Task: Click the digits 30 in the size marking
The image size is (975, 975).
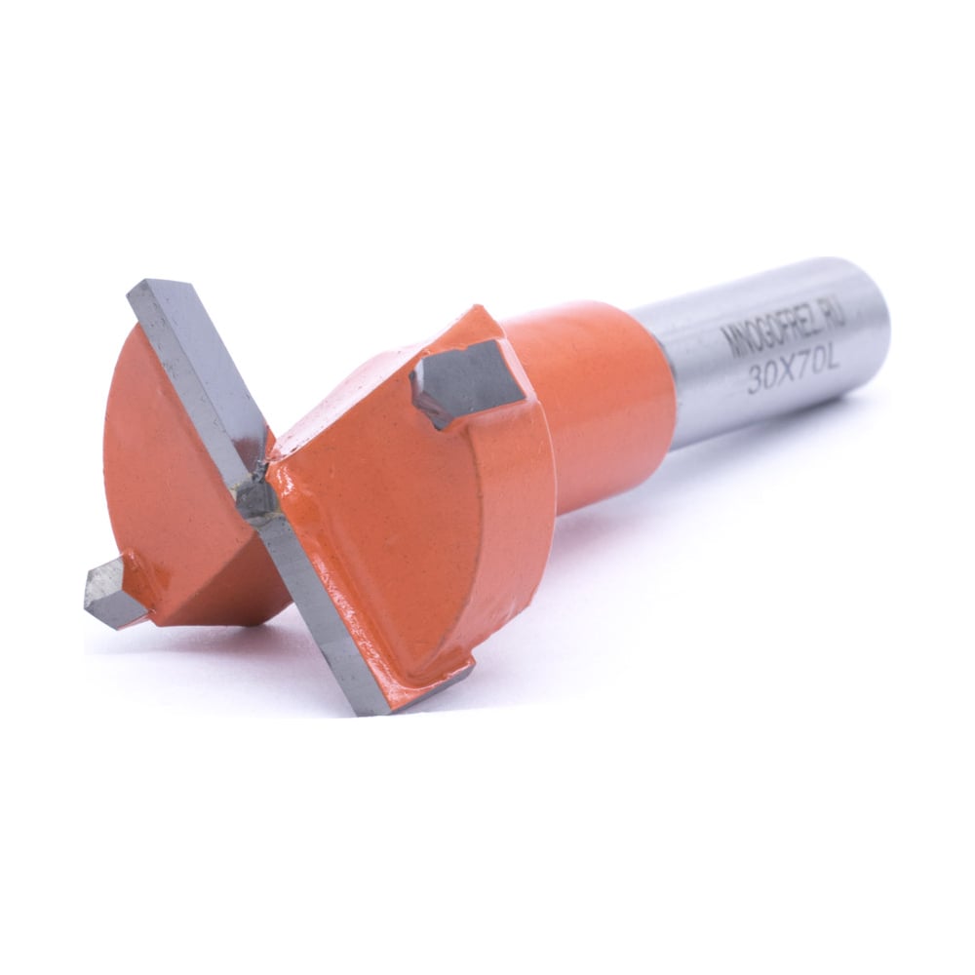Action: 760,379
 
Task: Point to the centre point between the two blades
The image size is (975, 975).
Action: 260,491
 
